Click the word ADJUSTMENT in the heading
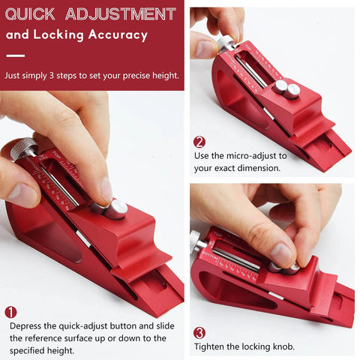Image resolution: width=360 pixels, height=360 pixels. coord(119,14)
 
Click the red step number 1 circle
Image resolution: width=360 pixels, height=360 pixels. coord(10,312)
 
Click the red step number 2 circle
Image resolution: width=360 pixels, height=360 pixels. coord(199,142)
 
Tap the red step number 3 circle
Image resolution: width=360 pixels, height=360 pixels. coord(199,332)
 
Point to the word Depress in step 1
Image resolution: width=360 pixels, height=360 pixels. coord(28,326)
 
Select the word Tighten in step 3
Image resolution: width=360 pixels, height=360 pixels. coord(211,346)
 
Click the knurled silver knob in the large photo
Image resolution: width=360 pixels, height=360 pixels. coord(23,148)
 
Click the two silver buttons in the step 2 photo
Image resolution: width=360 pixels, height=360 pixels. coord(286,89)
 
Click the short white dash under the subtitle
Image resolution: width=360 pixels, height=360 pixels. coord(15,55)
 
